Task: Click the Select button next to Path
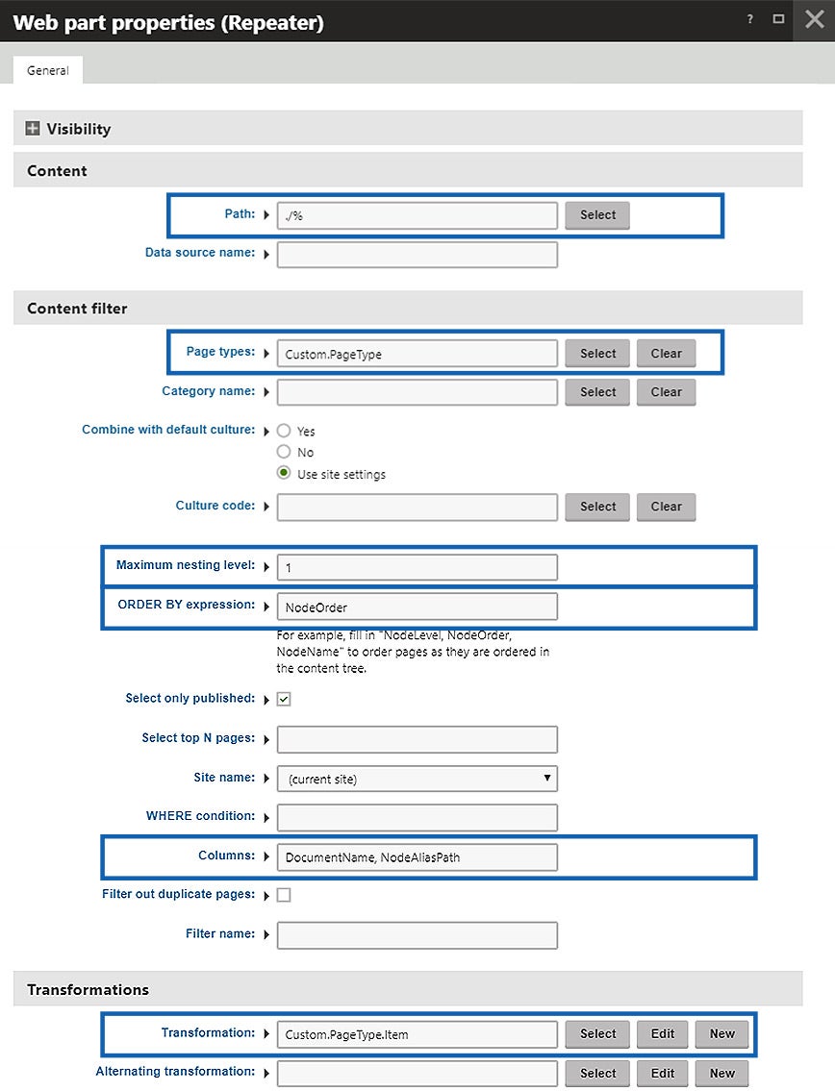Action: click(x=597, y=215)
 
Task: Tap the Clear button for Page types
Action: click(x=666, y=354)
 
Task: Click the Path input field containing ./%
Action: click(x=417, y=215)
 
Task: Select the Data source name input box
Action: click(x=417, y=254)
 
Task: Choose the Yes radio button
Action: click(x=284, y=432)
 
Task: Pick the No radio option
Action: click(x=284, y=452)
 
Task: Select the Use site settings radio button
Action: click(x=284, y=473)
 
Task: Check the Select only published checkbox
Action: click(x=284, y=699)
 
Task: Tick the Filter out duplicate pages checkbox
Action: click(x=284, y=895)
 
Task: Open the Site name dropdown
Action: click(x=417, y=779)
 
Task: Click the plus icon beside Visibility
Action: click(x=34, y=129)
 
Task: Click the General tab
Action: click(x=48, y=70)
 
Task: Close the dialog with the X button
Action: click(x=814, y=20)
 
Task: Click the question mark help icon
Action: click(x=749, y=20)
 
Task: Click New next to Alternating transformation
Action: click(x=721, y=1073)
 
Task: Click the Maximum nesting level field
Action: click(x=417, y=567)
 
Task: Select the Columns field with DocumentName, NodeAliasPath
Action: click(x=417, y=856)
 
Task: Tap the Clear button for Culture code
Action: click(x=666, y=507)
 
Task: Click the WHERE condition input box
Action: click(x=417, y=817)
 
